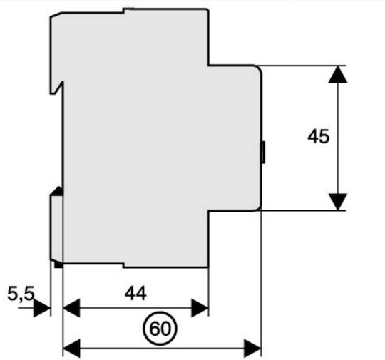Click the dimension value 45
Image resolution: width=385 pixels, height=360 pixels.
[318, 136]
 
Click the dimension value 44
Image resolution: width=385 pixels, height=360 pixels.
[135, 293]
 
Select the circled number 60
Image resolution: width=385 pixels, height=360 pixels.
[160, 329]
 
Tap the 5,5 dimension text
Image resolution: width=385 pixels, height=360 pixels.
[21, 294]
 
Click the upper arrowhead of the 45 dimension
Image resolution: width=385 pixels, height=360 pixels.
[338, 74]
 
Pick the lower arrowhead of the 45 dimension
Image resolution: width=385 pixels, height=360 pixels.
[338, 202]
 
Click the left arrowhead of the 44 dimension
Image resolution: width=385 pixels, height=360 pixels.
[71, 308]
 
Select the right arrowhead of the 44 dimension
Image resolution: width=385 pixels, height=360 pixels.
[200, 308]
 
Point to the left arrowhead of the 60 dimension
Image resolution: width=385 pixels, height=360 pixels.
[71, 348]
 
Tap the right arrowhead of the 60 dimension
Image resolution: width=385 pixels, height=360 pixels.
[252, 348]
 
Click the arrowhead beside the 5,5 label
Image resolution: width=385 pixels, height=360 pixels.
[42, 308]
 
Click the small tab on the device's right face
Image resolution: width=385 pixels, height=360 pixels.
[263, 152]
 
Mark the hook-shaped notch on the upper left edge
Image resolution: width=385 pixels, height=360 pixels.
[57, 88]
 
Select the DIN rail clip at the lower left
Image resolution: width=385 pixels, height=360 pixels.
[56, 227]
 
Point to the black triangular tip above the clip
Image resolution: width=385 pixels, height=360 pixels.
[58, 191]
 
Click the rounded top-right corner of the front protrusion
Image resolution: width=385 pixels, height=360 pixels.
[259, 68]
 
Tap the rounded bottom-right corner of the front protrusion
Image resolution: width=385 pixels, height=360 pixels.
[259, 207]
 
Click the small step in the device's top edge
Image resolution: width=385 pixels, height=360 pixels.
[123, 11]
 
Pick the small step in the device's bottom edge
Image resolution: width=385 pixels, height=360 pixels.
[123, 265]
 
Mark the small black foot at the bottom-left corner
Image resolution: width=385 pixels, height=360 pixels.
[58, 264]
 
